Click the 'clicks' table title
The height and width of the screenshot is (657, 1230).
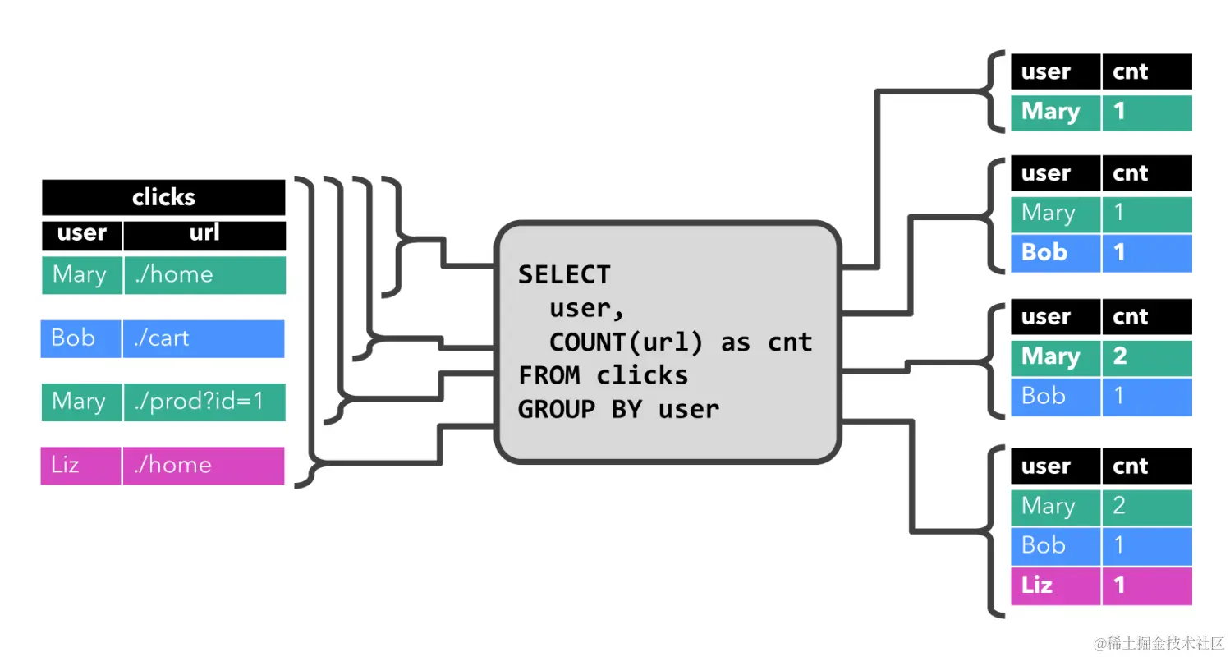tap(163, 197)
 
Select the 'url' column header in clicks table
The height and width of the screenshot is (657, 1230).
tap(204, 233)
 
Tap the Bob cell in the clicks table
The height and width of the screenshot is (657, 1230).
tap(80, 338)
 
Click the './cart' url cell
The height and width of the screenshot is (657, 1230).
tap(204, 338)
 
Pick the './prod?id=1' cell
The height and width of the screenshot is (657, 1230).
tap(204, 402)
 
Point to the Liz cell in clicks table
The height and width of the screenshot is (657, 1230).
tap(80, 465)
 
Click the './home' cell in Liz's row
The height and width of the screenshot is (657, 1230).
tap(204, 465)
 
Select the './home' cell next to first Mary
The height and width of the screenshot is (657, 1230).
tap(204, 274)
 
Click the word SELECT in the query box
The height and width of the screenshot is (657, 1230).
tap(564, 274)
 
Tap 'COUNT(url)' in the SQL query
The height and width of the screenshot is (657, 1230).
tap(626, 342)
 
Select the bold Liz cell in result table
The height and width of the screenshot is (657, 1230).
tap(1054, 585)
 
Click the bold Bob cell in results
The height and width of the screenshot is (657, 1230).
tap(1054, 252)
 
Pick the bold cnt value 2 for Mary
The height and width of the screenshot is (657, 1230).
tap(1145, 357)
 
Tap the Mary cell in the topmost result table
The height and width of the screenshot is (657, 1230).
tap(1054, 113)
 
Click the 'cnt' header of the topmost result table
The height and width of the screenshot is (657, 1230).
tap(1145, 71)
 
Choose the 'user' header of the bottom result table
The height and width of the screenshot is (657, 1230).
tap(1054, 466)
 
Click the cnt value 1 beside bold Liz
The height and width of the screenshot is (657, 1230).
tap(1145, 585)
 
